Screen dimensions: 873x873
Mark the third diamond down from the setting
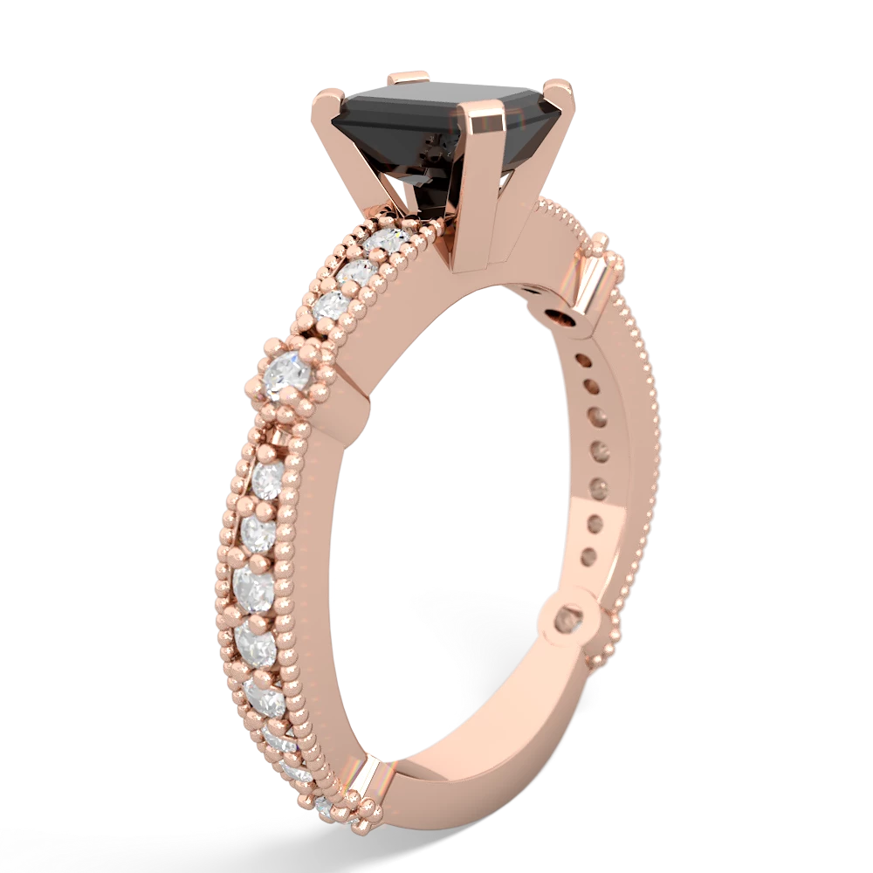coord(331,305)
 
